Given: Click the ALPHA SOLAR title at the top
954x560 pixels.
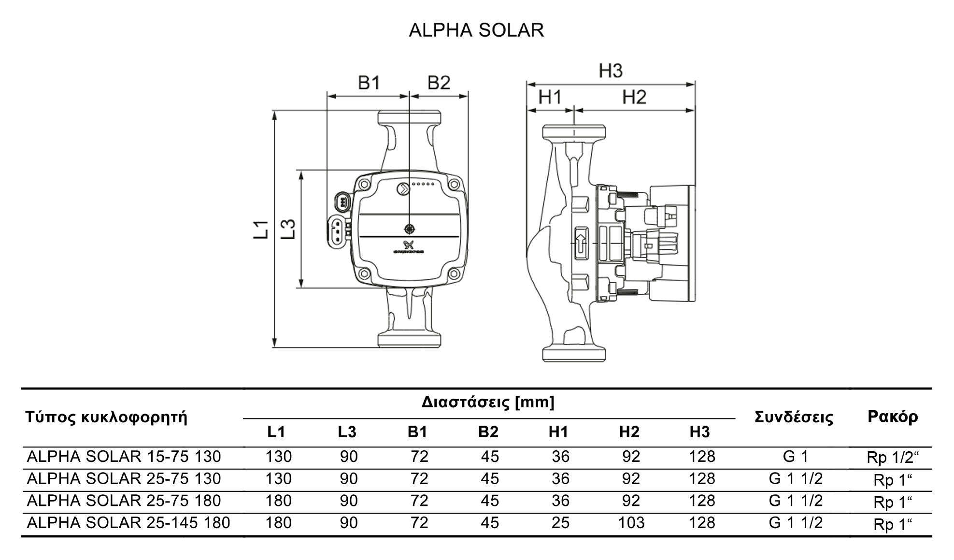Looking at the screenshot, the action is (x=476, y=30).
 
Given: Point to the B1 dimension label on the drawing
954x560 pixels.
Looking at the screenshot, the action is (x=369, y=83).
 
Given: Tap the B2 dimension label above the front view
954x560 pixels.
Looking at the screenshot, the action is (x=439, y=83).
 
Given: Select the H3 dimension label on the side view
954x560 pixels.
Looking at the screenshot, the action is (x=611, y=71).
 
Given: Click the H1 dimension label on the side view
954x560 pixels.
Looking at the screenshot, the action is (x=550, y=97).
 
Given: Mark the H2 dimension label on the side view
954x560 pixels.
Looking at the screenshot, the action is (x=634, y=97).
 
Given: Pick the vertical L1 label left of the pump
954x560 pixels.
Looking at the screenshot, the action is (x=261, y=229).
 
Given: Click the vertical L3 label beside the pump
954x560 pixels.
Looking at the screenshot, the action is (x=288, y=229).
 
